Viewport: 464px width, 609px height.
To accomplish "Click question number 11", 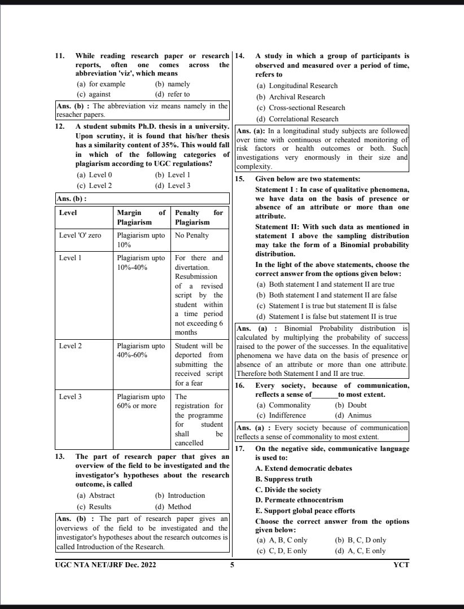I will (x=59, y=56).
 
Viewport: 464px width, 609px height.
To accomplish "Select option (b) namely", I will (x=172, y=84).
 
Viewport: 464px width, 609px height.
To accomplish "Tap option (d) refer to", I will (x=172, y=94).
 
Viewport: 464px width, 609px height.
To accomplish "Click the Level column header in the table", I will (x=68, y=213).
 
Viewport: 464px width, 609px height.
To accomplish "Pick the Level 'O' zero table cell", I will (x=80, y=235).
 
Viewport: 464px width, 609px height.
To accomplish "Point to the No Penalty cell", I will (x=192, y=235).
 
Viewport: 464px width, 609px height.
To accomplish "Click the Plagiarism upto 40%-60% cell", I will (x=141, y=350).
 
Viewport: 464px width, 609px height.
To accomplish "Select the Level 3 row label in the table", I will (x=71, y=397).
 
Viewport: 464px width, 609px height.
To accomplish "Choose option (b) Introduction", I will (x=180, y=496).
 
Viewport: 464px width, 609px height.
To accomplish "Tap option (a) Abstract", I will (x=95, y=496).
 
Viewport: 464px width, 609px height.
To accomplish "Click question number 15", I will (x=239, y=179).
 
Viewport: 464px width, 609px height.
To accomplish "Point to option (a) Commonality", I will (x=283, y=405).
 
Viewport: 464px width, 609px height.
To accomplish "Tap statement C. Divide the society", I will (x=288, y=490).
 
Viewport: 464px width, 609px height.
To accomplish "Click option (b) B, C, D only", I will (x=360, y=540).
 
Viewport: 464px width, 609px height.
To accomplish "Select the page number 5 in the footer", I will (x=232, y=564).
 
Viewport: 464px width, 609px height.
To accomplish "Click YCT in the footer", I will (x=401, y=564).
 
